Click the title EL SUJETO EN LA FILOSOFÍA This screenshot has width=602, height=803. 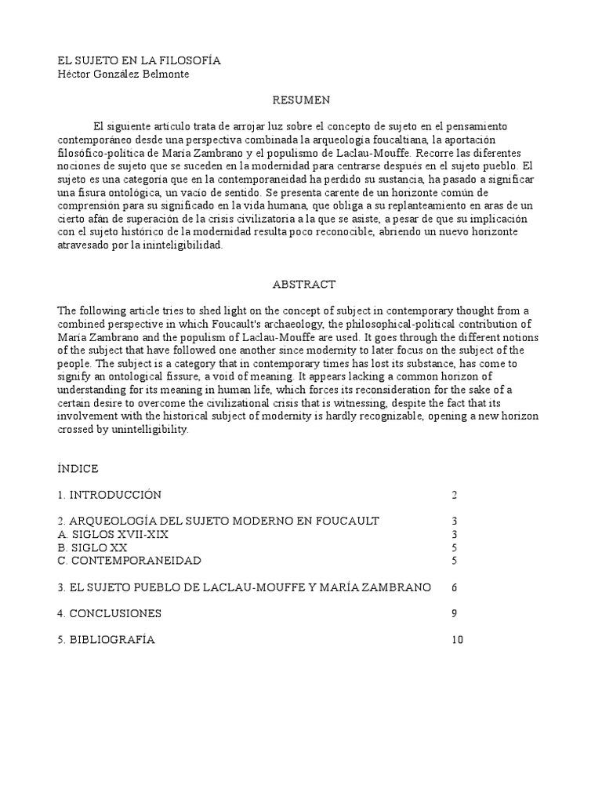point(139,60)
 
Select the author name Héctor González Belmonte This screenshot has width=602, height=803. point(124,74)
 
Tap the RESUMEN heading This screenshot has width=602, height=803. point(301,100)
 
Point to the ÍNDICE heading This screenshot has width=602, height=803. point(78,468)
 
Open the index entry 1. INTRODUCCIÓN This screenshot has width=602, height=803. point(109,495)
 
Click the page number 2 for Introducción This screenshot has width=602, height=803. point(454,495)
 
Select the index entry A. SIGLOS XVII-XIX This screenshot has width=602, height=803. point(113,534)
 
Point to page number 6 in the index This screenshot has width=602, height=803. point(454,587)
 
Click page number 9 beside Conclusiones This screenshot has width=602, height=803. point(454,613)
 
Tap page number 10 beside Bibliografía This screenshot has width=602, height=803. point(457,640)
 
